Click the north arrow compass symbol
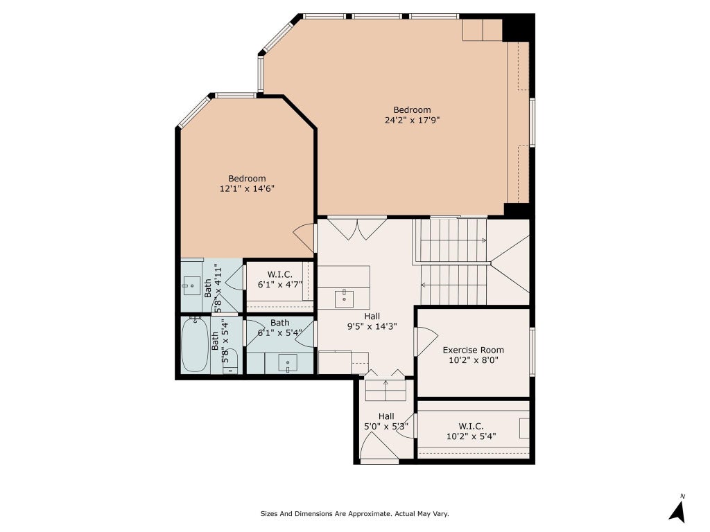point(677,510)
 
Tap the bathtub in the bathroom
point(195,345)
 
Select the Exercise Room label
point(473,350)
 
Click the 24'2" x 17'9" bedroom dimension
point(412,121)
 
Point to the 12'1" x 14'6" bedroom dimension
point(247,188)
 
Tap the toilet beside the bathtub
point(230,361)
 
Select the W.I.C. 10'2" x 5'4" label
point(471,431)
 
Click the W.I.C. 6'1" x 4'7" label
point(280,280)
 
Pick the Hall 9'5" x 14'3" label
point(372,321)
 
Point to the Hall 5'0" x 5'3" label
point(386,421)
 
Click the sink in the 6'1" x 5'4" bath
point(288,363)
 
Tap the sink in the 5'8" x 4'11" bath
point(191,285)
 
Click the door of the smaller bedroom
point(304,238)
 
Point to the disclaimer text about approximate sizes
point(354,514)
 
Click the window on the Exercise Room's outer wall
point(532,351)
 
